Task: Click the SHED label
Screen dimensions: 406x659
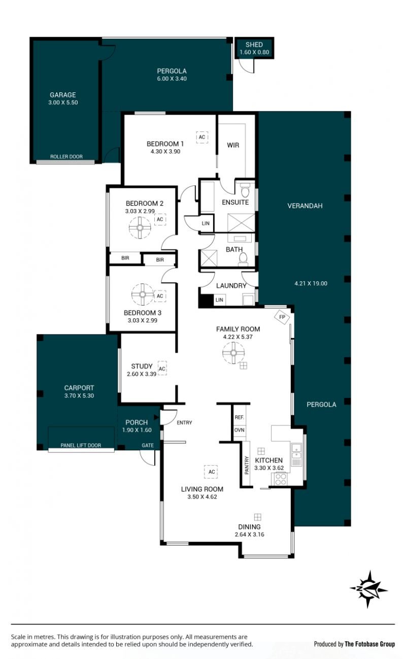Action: (254, 45)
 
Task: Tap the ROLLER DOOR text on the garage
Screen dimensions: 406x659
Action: (66, 157)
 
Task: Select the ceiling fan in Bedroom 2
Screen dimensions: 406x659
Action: (140, 227)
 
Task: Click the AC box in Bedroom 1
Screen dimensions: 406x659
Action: (202, 137)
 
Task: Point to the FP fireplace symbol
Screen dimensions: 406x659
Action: (282, 317)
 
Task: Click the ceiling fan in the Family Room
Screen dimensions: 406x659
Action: (233, 353)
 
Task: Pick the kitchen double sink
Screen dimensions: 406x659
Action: (297, 455)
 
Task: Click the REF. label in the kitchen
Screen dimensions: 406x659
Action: (240, 417)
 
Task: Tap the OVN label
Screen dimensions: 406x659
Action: (240, 430)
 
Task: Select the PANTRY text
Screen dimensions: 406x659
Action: (247, 465)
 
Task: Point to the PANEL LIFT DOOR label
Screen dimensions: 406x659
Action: (81, 445)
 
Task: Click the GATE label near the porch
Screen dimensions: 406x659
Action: (148, 445)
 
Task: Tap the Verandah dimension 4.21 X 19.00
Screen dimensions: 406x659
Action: (311, 284)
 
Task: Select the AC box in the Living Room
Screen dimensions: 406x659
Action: (212, 472)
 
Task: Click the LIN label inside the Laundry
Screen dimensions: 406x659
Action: (219, 300)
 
